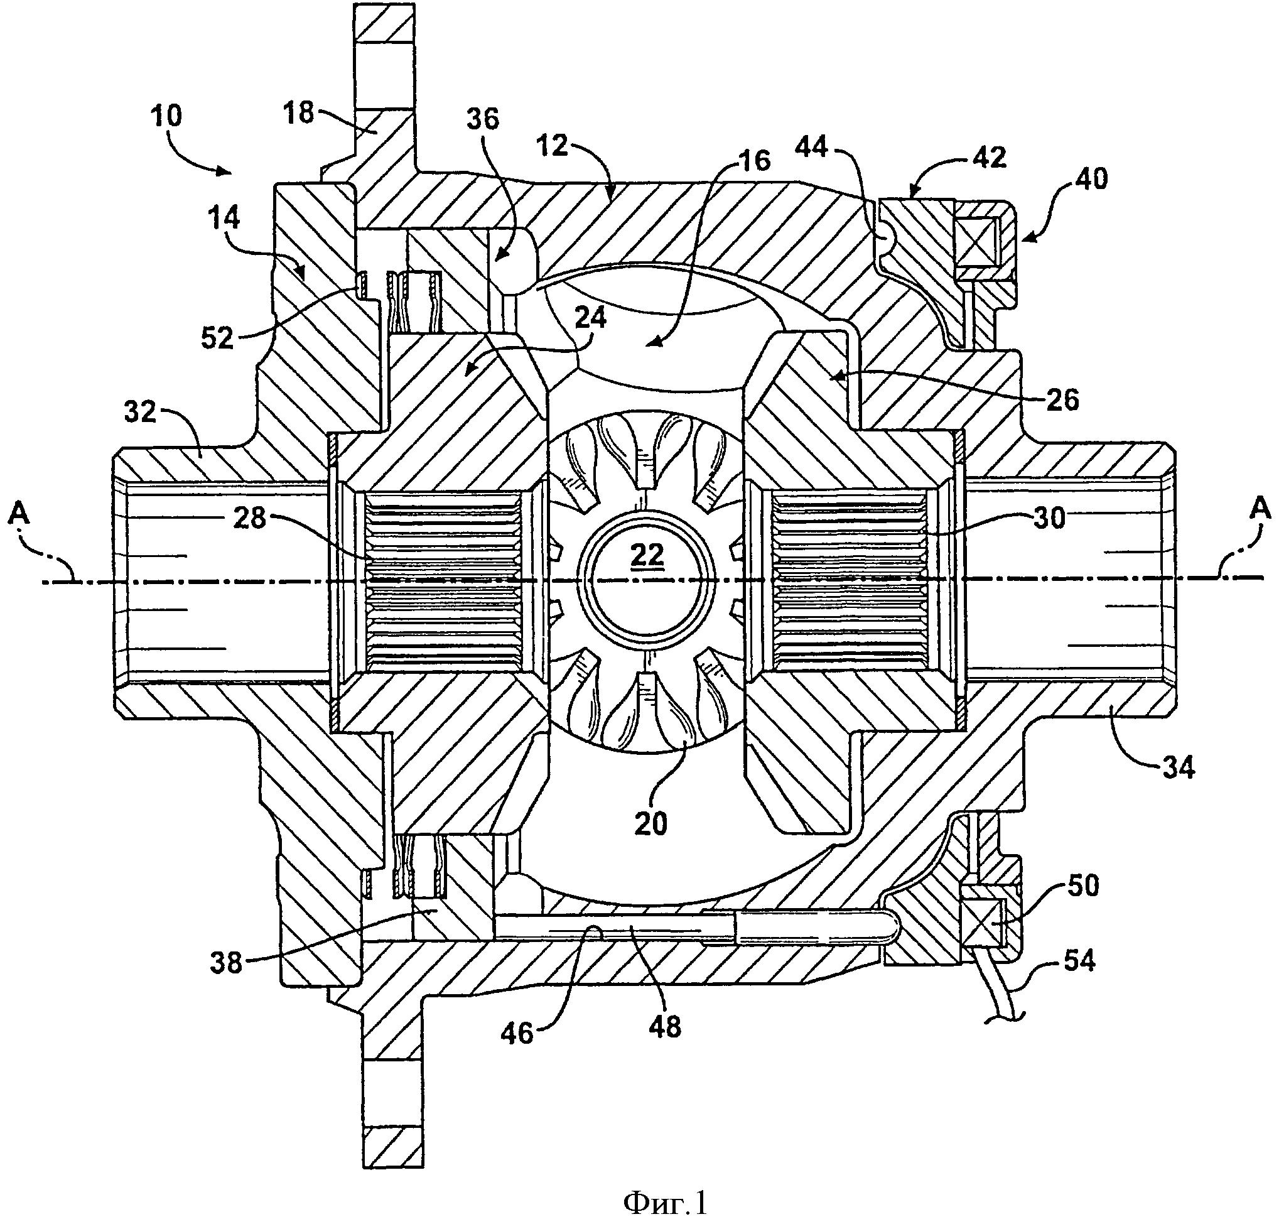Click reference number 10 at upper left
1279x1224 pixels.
[166, 117]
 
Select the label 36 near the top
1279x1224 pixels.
[482, 119]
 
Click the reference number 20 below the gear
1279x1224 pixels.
[650, 824]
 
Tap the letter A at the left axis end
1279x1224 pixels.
[20, 515]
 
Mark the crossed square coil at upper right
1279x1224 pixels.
[976, 241]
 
